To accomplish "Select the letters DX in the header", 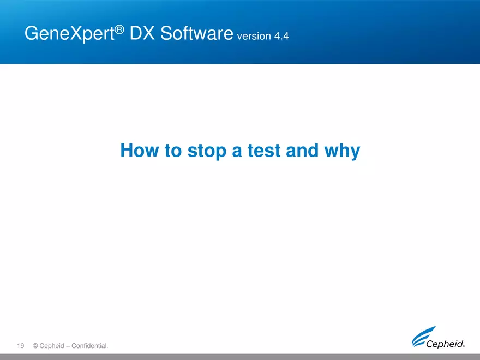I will pyautogui.click(x=141, y=34).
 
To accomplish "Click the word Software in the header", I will pyautogui.click(x=194, y=34).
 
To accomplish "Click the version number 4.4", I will pyautogui.click(x=281, y=37).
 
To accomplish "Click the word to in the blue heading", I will pyautogui.click(x=172, y=150).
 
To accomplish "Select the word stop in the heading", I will pyautogui.click(x=207, y=151).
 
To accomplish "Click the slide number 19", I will pyautogui.click(x=21, y=346).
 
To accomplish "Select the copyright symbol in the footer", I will pyautogui.click(x=35, y=346).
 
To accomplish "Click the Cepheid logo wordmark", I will pyautogui.click(x=445, y=344).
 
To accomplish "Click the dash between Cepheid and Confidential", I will pyautogui.click(x=73, y=346).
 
